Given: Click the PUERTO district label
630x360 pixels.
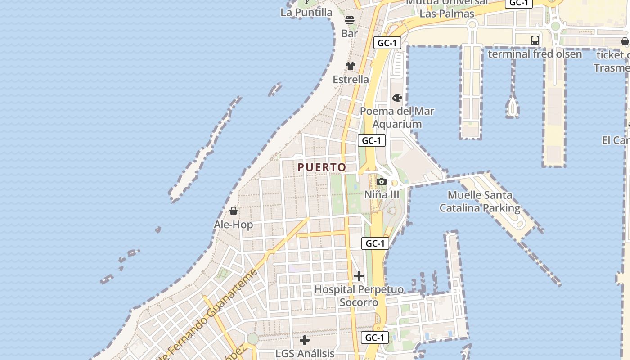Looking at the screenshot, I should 322,167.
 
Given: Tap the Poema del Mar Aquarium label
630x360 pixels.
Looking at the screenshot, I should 397,117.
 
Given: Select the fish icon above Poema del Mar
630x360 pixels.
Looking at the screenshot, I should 397,98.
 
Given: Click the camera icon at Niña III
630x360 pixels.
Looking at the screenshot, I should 382,181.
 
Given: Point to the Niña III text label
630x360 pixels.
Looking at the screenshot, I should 382,194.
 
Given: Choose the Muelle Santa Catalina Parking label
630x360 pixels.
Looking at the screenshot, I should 480,202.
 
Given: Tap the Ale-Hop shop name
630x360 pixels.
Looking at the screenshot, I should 234,224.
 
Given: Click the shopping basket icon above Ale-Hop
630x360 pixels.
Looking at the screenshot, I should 234,211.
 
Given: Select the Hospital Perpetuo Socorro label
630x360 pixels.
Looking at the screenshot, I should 359,296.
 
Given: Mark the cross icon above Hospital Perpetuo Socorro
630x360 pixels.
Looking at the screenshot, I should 359,275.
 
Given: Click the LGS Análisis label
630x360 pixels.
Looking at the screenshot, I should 305,353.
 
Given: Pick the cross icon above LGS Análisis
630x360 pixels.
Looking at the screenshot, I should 305,340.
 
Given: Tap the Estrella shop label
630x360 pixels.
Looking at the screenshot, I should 351,80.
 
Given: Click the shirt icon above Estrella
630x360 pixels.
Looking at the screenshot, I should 351,66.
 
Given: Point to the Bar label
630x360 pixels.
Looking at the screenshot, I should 350,33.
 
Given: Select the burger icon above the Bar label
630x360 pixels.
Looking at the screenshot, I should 350,20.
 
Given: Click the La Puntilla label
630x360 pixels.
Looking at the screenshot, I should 306,12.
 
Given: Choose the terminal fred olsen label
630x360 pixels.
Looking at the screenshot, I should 535,54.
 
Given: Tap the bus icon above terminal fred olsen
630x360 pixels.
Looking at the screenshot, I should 535,40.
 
